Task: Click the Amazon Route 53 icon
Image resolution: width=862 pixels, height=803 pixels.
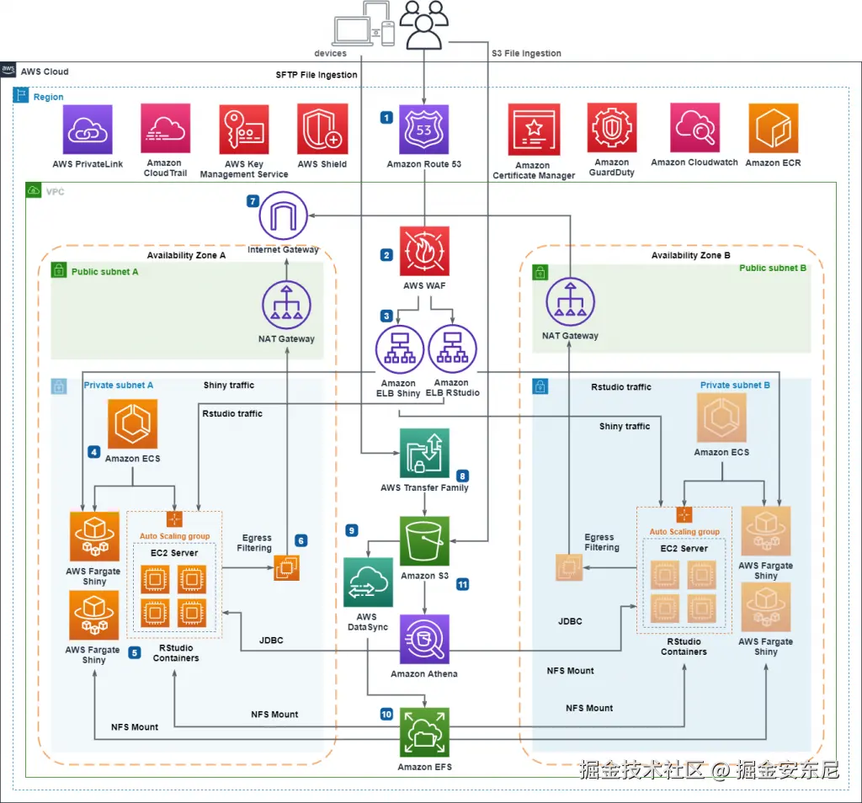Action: point(423,130)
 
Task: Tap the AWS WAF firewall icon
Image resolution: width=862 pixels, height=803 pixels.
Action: point(424,251)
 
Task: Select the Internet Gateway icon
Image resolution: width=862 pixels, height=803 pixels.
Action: point(284,215)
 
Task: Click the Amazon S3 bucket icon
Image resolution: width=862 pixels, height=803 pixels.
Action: point(424,541)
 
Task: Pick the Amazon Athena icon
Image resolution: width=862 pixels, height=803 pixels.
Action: point(424,640)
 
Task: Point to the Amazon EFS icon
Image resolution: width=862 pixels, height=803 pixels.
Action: point(424,732)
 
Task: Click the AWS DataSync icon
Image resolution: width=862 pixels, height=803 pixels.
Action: point(368,582)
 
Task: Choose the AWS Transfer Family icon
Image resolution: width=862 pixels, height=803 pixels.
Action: point(424,453)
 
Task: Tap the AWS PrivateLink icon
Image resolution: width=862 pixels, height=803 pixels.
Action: point(87,130)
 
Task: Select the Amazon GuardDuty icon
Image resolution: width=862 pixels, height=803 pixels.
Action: point(612,129)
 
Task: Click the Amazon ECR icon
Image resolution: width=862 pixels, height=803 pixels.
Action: point(773,129)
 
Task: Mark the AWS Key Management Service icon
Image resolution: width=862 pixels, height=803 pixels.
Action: point(244,130)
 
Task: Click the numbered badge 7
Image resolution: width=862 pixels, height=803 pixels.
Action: point(253,201)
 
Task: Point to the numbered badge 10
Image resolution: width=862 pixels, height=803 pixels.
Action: point(386,714)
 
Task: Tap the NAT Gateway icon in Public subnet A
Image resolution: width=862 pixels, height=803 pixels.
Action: point(287,306)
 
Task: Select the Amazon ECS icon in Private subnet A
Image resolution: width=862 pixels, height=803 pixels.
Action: point(133,424)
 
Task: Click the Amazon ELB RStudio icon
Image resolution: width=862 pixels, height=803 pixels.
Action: point(452,349)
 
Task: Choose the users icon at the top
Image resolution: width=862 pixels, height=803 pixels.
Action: point(423,25)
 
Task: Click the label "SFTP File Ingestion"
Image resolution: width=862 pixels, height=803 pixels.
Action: point(317,75)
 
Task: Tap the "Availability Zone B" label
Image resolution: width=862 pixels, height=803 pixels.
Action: point(690,255)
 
